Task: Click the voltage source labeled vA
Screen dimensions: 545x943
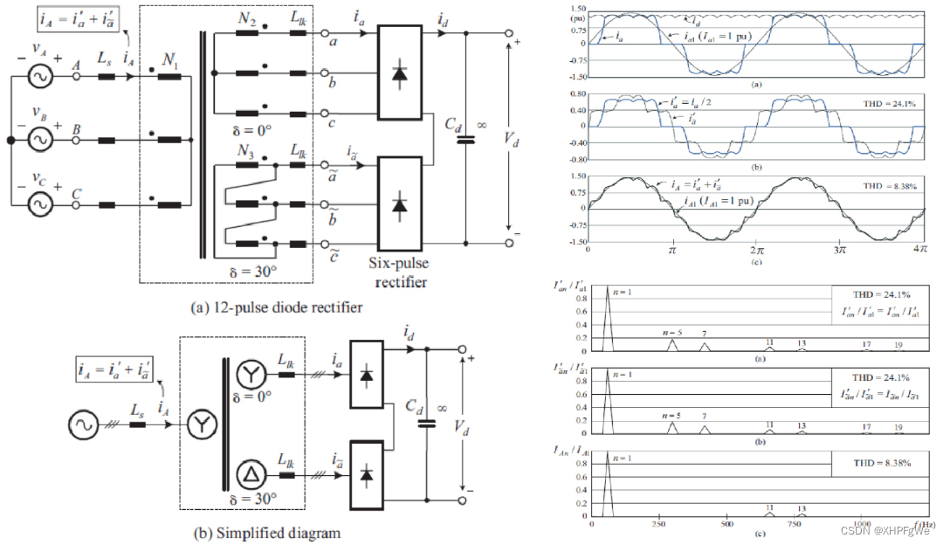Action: (39, 78)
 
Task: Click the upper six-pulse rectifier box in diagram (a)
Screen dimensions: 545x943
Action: (400, 75)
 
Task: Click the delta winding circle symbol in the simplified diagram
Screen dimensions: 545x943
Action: (250, 475)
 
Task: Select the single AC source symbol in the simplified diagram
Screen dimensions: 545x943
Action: (85, 426)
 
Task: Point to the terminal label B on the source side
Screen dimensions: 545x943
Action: (77, 128)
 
